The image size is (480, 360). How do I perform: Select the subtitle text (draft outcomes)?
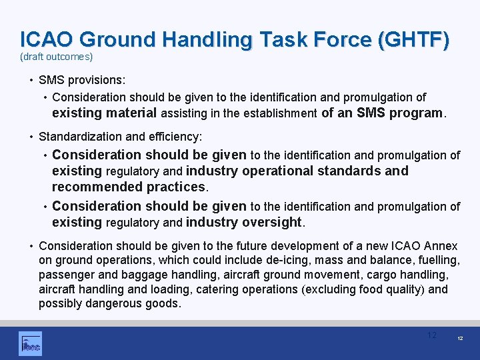tap(56, 57)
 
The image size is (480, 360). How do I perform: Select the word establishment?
tap(279, 113)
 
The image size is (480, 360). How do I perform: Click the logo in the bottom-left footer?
tap(30, 343)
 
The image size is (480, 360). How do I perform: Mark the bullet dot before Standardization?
tap(31, 137)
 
